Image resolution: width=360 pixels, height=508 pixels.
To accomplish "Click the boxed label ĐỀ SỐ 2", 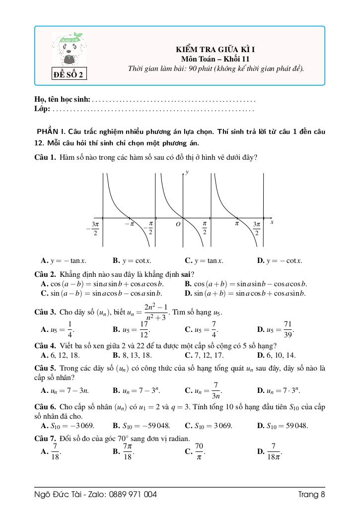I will [x=70, y=75].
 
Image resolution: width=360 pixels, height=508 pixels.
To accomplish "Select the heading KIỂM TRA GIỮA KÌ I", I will [x=215, y=50].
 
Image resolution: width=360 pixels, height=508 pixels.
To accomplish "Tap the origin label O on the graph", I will [x=177, y=225].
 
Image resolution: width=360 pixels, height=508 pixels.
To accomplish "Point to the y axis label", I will [x=187, y=172].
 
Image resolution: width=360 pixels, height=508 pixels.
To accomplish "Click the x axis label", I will [x=272, y=223].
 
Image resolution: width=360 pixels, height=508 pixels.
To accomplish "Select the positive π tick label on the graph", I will [x=237, y=224].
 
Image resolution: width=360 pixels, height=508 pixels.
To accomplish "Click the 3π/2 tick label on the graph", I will [x=256, y=229].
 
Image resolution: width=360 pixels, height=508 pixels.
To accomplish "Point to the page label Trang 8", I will [x=311, y=494].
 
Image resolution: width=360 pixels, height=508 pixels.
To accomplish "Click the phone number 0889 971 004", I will [x=132, y=494].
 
